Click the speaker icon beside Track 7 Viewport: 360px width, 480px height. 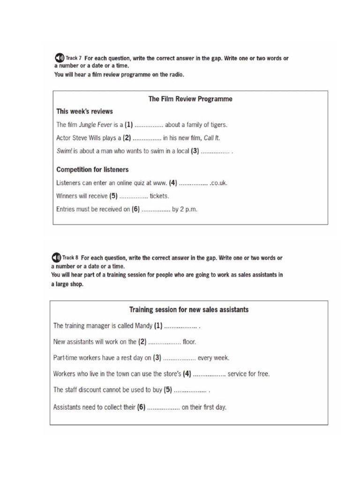pos(59,58)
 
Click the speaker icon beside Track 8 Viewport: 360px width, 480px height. pos(56,258)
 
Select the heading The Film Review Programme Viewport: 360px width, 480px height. pos(190,99)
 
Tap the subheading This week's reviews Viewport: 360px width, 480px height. pos(84,112)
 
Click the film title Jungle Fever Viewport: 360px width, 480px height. pos(97,125)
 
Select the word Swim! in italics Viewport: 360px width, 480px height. pos(64,151)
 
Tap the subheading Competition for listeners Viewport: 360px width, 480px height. pos(92,169)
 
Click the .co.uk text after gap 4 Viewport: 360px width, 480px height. pos(219,183)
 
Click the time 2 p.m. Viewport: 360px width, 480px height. pos(189,210)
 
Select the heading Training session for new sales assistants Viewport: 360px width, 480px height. pos(189,309)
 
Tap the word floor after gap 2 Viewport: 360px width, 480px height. pos(189,342)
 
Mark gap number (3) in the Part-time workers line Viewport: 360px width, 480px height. pos(157,358)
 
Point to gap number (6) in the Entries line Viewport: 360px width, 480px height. pos(136,210)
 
